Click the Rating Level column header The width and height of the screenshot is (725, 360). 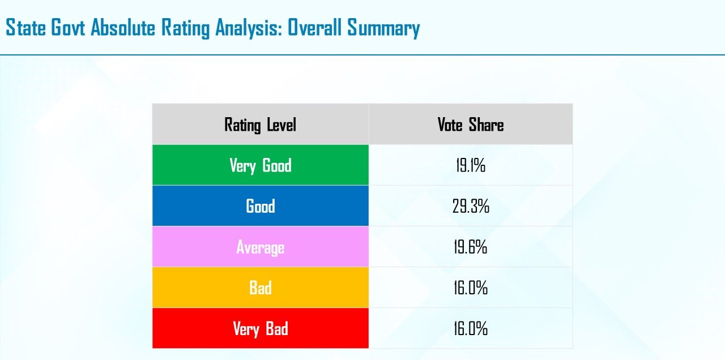260,124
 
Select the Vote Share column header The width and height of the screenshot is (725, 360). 471,124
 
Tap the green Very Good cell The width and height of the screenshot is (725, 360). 260,165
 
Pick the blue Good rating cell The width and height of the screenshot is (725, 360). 260,205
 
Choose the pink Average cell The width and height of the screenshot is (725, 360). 260,246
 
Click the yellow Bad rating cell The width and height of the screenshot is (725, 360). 260,287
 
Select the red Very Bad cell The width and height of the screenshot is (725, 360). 260,328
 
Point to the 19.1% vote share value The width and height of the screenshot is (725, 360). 471,165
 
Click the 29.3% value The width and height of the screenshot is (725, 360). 471,206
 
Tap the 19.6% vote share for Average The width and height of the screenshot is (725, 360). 471,247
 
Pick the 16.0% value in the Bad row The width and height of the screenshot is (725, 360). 471,288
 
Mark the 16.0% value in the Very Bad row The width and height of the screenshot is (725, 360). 471,329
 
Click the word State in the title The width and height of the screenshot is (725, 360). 26,27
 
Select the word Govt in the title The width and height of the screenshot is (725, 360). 68,27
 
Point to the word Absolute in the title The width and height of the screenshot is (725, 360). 123,27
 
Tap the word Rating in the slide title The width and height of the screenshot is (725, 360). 185,28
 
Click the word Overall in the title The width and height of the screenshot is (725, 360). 314,27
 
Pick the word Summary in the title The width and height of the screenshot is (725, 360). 383,28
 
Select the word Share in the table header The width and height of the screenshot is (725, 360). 486,125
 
